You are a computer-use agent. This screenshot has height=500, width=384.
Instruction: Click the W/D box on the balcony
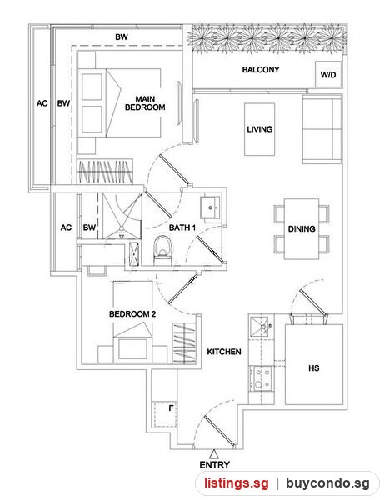click(x=328, y=74)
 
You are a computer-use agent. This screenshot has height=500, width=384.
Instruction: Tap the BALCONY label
click(x=261, y=69)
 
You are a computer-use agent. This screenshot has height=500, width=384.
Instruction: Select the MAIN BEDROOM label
click(x=145, y=103)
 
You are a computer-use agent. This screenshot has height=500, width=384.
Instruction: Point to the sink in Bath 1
click(x=210, y=207)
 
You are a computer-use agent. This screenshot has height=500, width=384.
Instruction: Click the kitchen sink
click(x=260, y=326)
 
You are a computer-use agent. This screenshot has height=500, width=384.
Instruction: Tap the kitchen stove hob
click(x=261, y=378)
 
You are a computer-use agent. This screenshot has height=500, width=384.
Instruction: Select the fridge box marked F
click(x=164, y=414)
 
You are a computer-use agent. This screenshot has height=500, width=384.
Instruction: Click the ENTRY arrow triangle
click(x=214, y=454)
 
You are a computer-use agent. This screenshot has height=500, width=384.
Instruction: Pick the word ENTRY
click(x=214, y=465)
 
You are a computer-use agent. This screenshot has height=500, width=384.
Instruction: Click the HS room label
click(x=313, y=368)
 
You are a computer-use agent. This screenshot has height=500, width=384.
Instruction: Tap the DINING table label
click(x=302, y=228)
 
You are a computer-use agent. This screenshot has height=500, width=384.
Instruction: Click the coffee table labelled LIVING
click(x=259, y=129)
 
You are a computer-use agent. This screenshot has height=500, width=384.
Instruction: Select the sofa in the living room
click(x=322, y=128)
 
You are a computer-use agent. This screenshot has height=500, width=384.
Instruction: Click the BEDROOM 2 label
click(x=132, y=314)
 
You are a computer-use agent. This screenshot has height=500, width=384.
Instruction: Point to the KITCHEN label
click(x=224, y=352)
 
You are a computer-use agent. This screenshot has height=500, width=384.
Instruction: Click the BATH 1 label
click(x=182, y=227)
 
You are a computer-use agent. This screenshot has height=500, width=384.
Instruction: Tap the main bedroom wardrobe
click(x=105, y=172)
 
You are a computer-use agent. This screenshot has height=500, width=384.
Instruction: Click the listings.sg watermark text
click(x=237, y=482)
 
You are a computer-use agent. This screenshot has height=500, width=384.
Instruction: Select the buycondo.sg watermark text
click(x=327, y=482)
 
